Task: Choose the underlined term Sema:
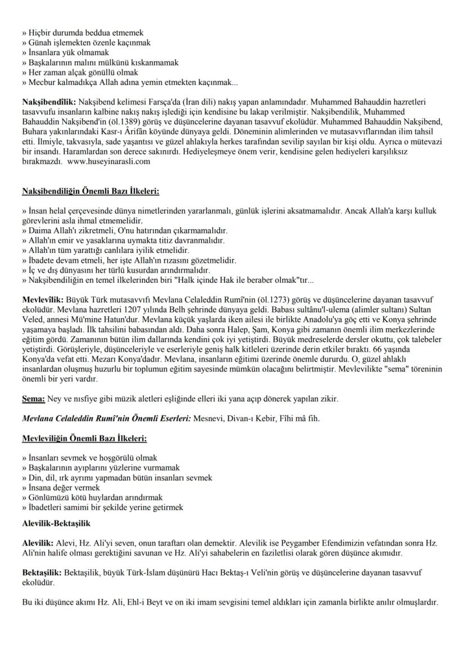33,398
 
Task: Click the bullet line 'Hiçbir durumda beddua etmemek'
82,33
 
